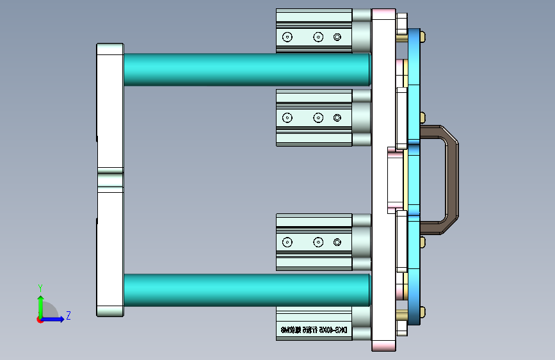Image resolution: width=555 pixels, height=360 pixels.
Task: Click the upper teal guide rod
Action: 246,69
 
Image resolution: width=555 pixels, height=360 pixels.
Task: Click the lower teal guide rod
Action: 246,290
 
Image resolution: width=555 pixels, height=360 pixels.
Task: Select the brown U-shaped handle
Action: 452,180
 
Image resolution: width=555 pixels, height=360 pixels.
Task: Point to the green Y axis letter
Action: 40,288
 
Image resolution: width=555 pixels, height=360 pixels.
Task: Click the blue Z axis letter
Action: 68,315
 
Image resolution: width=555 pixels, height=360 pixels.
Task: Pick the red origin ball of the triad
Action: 40,320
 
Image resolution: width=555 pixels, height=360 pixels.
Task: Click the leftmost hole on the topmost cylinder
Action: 287,37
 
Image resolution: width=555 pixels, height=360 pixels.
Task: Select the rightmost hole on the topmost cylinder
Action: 337,37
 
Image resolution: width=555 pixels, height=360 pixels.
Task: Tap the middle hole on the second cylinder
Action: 318,117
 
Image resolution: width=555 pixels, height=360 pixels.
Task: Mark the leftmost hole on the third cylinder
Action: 287,241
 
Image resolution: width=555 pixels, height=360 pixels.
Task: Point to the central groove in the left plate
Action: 109,180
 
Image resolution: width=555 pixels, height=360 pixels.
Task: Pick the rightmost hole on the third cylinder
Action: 337,241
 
